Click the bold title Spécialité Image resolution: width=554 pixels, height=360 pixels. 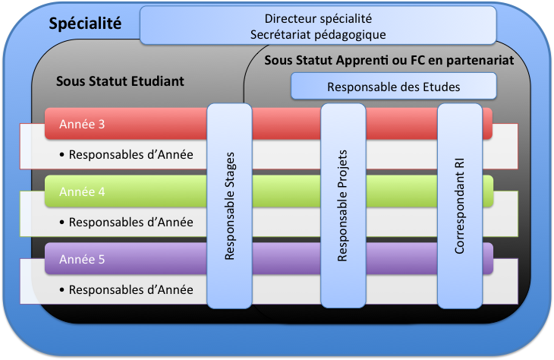(85, 24)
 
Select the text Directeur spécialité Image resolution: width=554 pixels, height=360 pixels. (318, 18)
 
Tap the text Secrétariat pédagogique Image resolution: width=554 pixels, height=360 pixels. (318, 35)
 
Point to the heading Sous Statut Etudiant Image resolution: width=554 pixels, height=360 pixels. (120, 81)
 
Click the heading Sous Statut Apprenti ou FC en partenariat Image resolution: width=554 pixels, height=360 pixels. (389, 61)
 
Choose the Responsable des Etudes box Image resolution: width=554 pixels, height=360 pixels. (394, 87)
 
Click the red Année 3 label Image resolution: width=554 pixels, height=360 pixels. (82, 124)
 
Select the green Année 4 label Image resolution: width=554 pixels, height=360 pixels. (82, 191)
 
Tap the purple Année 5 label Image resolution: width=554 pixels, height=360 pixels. (82, 259)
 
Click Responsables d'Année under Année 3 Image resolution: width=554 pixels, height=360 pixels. (131, 154)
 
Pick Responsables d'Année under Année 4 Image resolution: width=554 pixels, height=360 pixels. (131, 222)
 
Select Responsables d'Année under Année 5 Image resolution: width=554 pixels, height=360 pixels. (131, 289)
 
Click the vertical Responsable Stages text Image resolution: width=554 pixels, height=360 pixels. (230, 206)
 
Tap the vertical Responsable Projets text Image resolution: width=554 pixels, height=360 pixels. (343, 206)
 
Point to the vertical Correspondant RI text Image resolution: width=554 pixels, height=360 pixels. (459, 206)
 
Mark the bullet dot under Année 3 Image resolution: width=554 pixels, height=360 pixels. (61, 154)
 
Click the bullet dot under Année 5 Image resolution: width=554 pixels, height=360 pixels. (61, 289)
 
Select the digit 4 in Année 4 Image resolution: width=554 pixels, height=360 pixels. (102, 191)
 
